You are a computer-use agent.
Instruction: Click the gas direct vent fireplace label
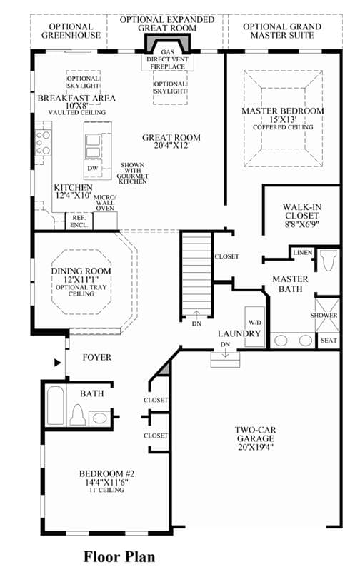point(167,59)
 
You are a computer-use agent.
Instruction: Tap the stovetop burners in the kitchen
point(43,143)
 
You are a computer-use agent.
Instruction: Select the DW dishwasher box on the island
point(93,168)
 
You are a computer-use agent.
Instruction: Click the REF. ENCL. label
point(79,221)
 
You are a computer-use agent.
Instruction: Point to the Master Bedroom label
point(283,111)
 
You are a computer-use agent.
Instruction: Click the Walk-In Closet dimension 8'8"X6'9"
point(301,224)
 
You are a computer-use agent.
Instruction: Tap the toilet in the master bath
point(329,261)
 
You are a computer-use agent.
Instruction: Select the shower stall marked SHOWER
point(327,315)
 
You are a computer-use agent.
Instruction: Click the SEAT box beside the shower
point(329,341)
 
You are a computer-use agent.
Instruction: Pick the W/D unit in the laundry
point(255,326)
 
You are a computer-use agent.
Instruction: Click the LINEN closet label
point(303,252)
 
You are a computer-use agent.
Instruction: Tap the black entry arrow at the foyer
point(58,363)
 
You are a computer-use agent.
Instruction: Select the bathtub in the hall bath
point(56,406)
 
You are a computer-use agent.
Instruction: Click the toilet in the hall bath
point(78,415)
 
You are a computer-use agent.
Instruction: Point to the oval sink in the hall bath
point(99,418)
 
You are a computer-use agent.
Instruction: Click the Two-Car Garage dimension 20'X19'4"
point(256,447)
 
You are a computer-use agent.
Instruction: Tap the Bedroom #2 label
point(107,474)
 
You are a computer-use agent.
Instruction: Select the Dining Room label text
point(81,271)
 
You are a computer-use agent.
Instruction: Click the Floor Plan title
point(119,557)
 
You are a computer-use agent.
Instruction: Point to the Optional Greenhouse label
point(71,31)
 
